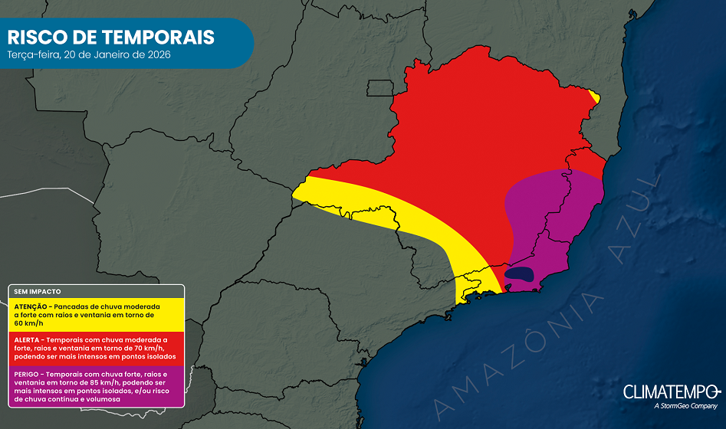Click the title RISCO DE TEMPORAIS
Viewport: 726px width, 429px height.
(110, 37)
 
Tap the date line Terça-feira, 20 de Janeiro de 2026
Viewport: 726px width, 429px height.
(88, 56)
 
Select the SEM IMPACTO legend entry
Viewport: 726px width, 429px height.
(38, 292)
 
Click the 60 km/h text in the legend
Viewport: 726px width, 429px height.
(28, 323)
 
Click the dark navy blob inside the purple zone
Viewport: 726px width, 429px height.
(520, 273)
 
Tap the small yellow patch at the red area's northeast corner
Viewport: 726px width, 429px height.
(595, 96)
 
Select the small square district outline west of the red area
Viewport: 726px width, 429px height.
(379, 88)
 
